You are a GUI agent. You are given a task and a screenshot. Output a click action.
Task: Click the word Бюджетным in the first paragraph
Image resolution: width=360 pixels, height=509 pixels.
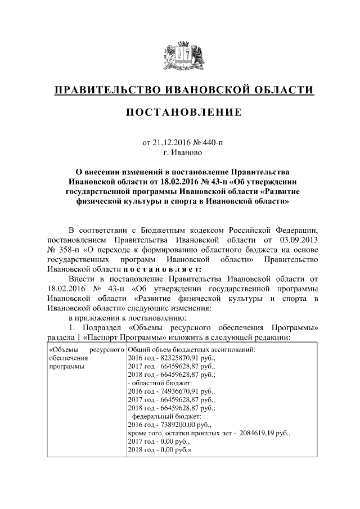click(x=164, y=231)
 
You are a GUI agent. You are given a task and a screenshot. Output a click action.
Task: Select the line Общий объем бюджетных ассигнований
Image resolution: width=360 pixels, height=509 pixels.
click(x=192, y=349)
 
